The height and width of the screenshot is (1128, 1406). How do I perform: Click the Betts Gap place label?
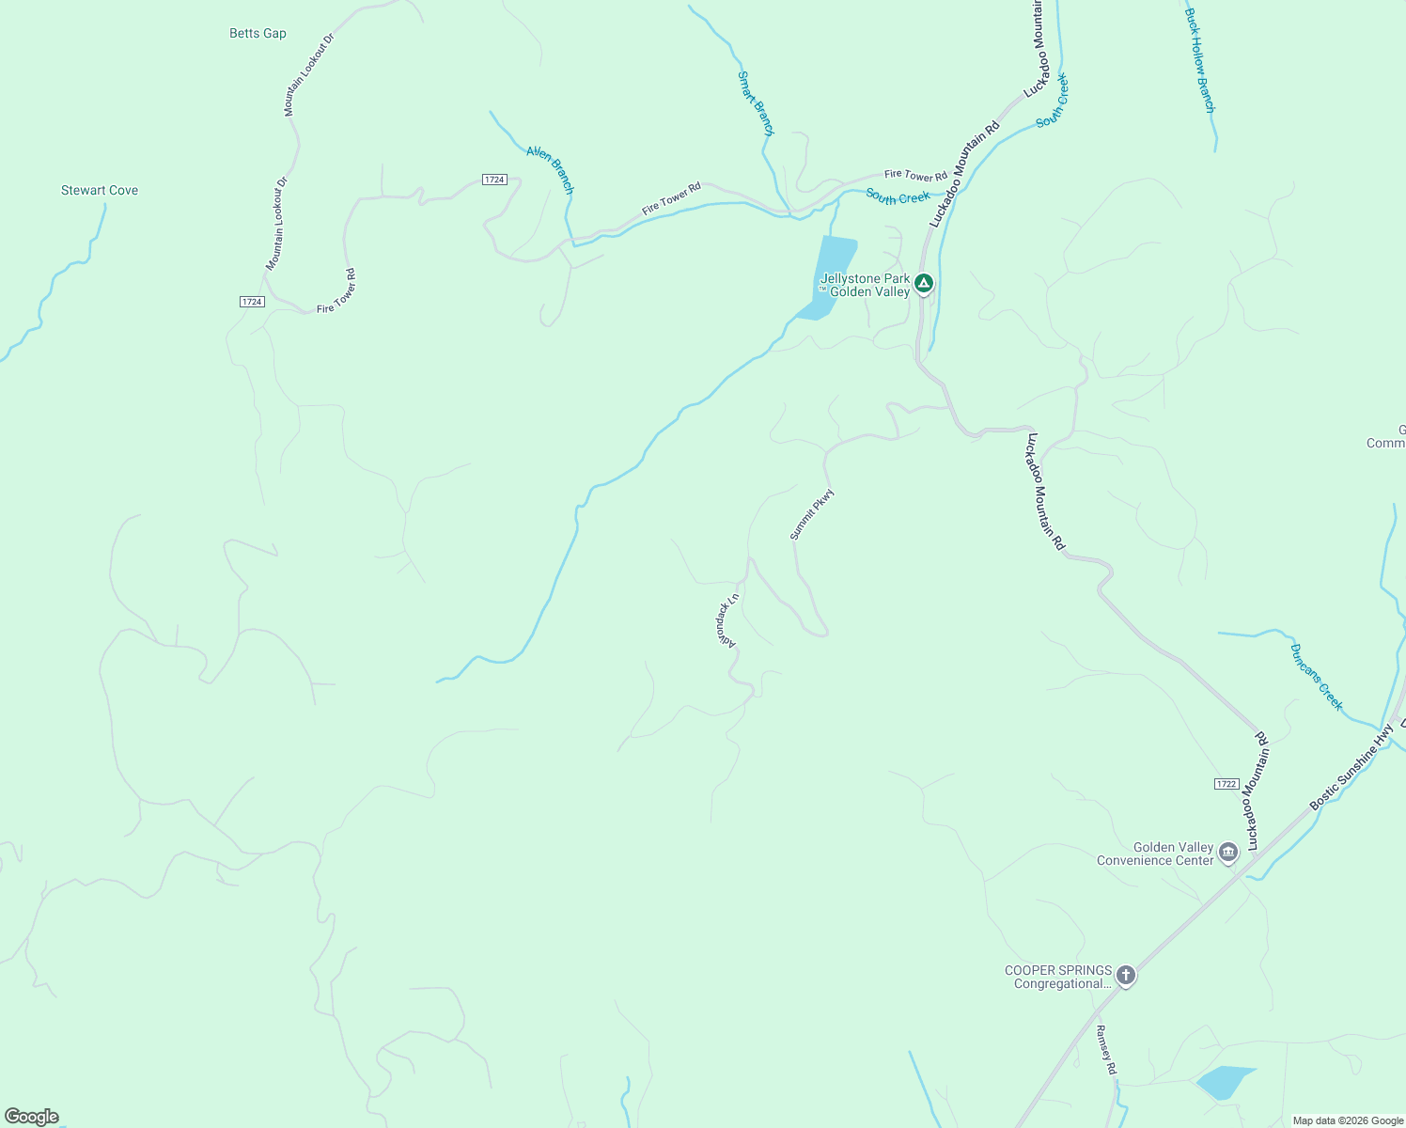point(258,34)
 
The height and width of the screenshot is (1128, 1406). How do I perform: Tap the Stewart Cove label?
point(100,191)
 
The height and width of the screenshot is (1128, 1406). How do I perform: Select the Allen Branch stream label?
point(550,169)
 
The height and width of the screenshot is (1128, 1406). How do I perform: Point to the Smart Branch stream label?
point(756,103)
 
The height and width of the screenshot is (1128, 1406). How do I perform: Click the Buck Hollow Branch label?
point(1200,61)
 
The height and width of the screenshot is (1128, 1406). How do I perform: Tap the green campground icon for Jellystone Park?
point(924,283)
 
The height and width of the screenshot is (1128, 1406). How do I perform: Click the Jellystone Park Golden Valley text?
point(866,285)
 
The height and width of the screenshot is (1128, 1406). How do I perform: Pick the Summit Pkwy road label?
point(812,514)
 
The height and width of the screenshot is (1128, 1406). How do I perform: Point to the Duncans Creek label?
point(1317,677)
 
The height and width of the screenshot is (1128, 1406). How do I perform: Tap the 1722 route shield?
point(1226,784)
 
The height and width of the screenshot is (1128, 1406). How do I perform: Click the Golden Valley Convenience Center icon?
point(1227,853)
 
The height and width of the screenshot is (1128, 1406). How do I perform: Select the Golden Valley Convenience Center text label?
point(1155,854)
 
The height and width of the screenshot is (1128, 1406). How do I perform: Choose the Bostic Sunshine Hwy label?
point(1351,766)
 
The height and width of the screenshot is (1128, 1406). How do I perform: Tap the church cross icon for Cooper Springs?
point(1126,976)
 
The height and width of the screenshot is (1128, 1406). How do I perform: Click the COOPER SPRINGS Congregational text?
point(1058,977)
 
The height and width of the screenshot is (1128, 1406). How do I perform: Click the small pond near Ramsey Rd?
point(1225,1082)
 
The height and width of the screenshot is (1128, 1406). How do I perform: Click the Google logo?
point(32,1117)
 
